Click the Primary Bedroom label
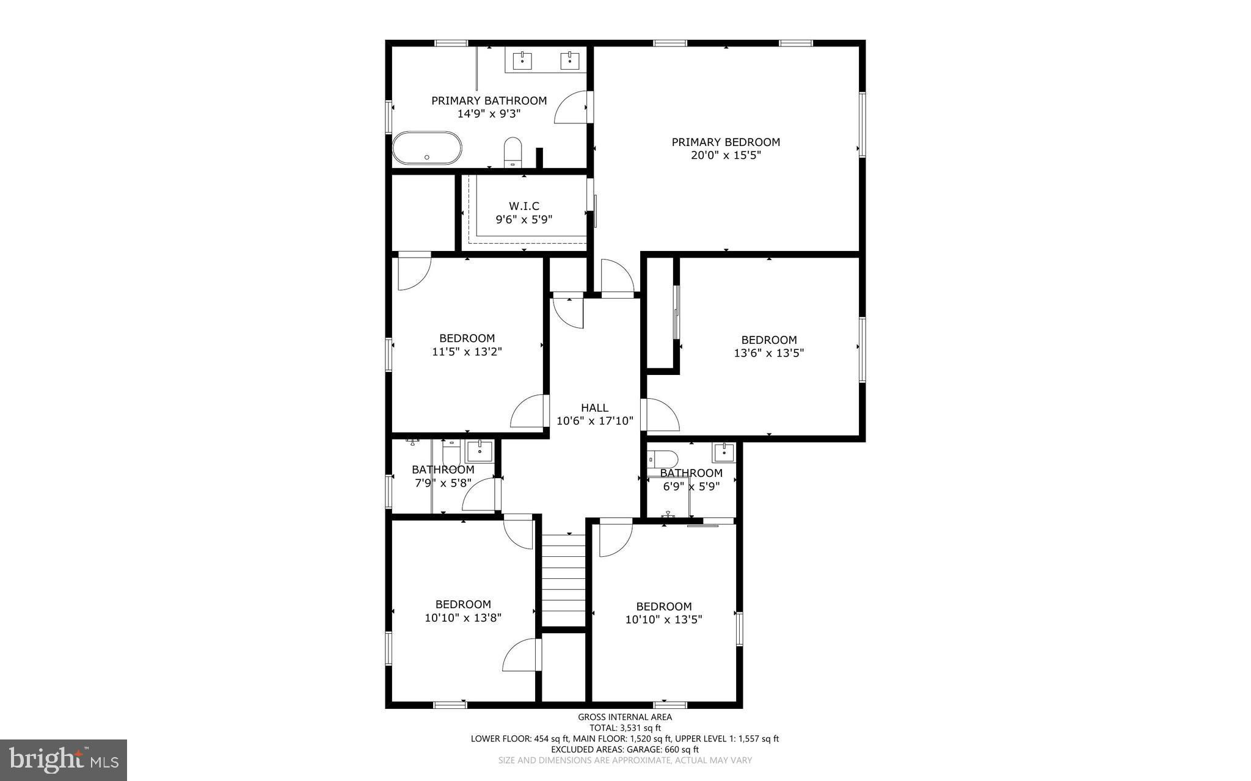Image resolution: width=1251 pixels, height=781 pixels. [x=726, y=142]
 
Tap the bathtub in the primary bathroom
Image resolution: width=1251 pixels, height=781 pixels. [x=427, y=148]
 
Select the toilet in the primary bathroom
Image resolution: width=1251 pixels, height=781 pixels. [x=512, y=151]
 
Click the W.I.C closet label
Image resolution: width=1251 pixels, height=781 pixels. [x=524, y=206]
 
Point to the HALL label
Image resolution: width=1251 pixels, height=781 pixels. [x=594, y=408]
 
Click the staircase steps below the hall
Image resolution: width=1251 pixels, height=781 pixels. [x=564, y=580]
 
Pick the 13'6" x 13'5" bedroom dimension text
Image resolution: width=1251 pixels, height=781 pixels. [x=769, y=353]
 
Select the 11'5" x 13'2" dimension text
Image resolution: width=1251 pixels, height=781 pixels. [x=467, y=352]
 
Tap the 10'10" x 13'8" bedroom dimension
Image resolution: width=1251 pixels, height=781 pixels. [x=463, y=618]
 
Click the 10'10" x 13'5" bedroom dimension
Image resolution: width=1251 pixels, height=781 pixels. [x=664, y=620]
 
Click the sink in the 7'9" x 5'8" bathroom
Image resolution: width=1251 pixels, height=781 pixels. [x=480, y=451]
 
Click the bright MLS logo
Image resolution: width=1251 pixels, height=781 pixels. [x=64, y=760]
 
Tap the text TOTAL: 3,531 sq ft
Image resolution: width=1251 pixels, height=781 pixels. [x=625, y=728]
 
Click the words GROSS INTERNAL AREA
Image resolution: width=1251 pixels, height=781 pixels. [x=625, y=717]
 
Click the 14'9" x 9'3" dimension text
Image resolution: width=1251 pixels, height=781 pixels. [x=489, y=114]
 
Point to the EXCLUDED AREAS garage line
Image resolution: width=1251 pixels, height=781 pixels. [x=625, y=749]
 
